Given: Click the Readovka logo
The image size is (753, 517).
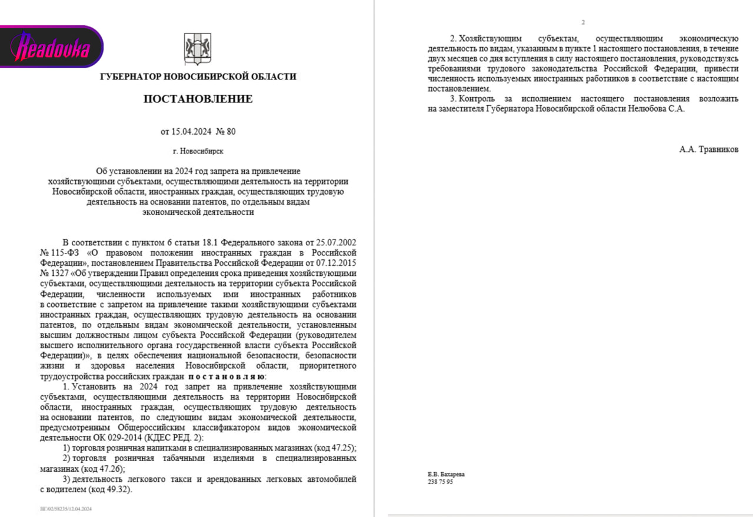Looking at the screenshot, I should [x=52, y=47].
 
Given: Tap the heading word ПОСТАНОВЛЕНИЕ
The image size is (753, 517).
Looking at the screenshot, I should [x=198, y=99].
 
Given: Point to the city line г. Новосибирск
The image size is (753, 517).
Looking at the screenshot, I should [x=198, y=151].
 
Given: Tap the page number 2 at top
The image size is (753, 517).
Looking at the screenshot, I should [x=583, y=22].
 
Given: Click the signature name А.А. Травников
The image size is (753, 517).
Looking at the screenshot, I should [x=708, y=149].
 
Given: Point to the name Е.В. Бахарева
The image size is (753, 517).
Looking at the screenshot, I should [x=445, y=474].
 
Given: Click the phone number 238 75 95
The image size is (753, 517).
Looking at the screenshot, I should [x=440, y=482].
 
